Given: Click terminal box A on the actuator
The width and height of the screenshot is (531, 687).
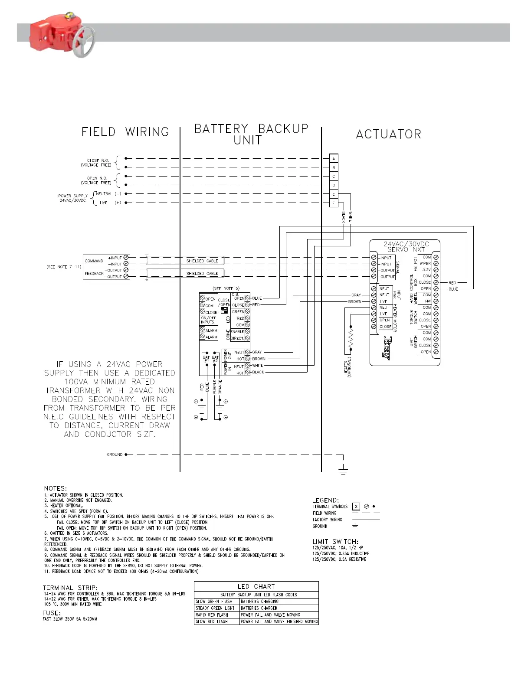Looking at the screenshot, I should coord(333,159).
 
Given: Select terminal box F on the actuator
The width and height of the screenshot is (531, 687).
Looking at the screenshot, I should coord(333,203).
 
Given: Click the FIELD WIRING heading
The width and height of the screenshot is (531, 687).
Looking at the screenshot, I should coord(125,132).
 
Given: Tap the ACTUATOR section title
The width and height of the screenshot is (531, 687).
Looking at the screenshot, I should coord(388,134).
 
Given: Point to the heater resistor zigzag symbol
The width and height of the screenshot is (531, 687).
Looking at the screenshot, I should coord(351,338).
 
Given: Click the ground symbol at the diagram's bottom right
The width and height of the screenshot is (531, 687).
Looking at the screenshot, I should coord(343,469).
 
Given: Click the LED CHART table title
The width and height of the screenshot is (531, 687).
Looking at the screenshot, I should coord(256,586).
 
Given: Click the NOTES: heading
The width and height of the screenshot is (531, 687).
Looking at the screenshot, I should coord(56,488).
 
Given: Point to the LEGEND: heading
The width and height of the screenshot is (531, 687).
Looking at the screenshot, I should coord(325,500).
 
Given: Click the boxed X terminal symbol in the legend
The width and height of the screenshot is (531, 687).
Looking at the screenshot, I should coord(356,506).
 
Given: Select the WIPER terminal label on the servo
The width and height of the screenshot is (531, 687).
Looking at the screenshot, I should coord(425,264).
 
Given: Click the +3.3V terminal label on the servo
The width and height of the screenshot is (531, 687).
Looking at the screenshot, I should coord(425,270).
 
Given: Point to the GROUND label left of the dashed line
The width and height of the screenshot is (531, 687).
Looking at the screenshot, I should coord(115,455).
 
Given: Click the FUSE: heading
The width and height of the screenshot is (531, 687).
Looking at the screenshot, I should coord(52,613).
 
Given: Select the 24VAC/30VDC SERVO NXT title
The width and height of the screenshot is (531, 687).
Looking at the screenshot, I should coord(406,246).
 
